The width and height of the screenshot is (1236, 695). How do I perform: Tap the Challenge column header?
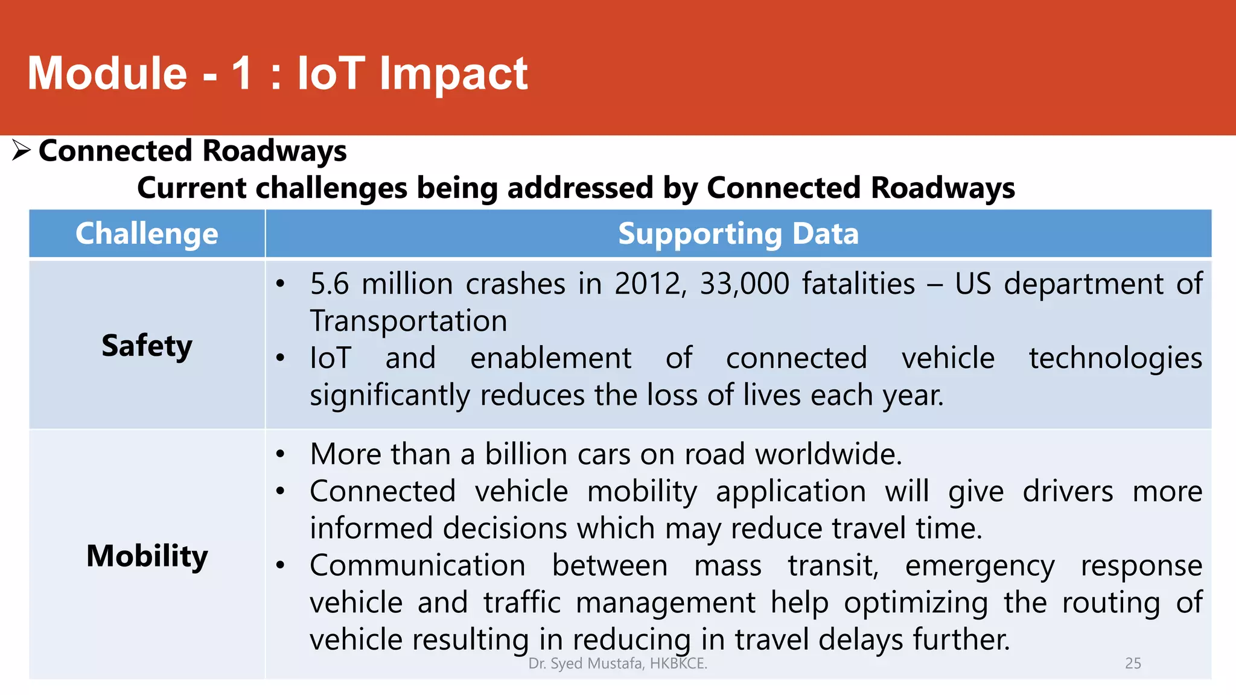click(x=147, y=234)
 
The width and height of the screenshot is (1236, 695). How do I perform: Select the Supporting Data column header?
click(x=738, y=234)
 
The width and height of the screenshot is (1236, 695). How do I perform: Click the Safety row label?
click(x=147, y=346)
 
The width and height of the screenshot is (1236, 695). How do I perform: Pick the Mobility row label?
click(x=147, y=556)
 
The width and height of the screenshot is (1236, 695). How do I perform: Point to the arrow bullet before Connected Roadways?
click(x=21, y=150)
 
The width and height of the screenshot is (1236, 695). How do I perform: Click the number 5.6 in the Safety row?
click(x=329, y=284)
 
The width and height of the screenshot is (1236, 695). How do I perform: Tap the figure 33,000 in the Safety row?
click(x=744, y=284)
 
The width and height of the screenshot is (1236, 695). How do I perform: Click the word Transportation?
click(x=409, y=321)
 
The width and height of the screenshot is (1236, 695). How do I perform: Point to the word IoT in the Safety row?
click(x=330, y=358)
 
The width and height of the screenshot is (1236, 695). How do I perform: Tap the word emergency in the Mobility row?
click(x=980, y=566)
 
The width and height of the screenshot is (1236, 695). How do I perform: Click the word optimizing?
click(x=916, y=603)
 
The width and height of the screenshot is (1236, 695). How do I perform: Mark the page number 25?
click(x=1133, y=664)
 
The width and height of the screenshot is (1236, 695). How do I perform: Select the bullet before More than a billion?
click(x=280, y=454)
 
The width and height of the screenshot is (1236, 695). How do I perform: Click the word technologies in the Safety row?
click(x=1115, y=358)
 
